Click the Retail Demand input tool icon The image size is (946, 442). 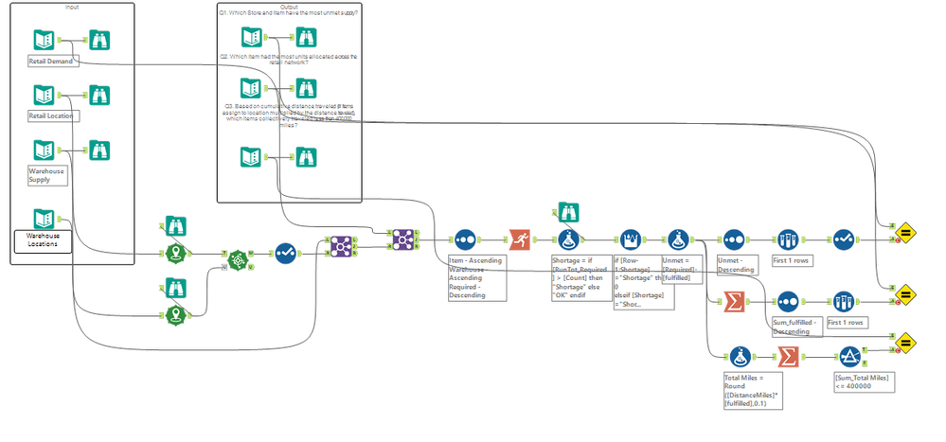click(43, 40)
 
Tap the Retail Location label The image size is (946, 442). click(51, 115)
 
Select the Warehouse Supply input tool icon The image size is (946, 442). click(43, 150)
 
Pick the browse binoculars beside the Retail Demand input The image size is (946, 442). click(98, 40)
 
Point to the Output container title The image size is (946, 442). click(289, 6)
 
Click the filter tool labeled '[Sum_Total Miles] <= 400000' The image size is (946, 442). click(850, 357)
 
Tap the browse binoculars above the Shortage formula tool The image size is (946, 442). click(570, 212)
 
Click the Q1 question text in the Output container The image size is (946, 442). click(289, 13)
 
